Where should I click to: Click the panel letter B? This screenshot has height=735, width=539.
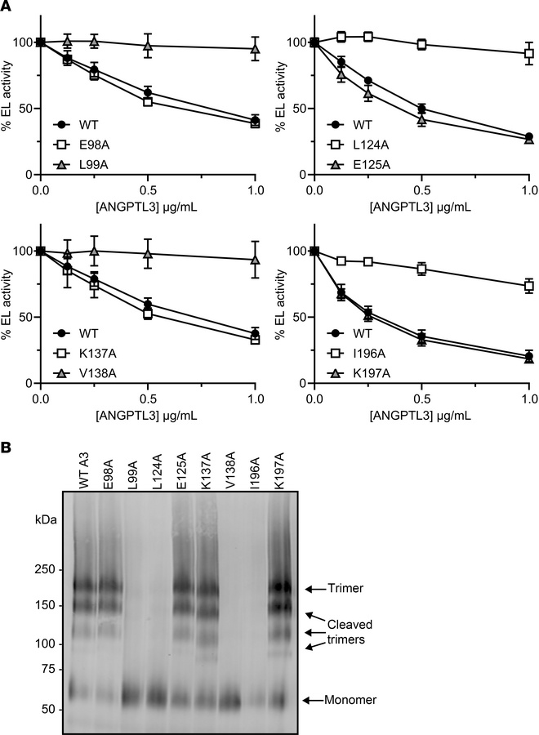7,448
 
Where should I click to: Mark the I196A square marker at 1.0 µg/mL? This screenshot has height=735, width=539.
529,286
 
